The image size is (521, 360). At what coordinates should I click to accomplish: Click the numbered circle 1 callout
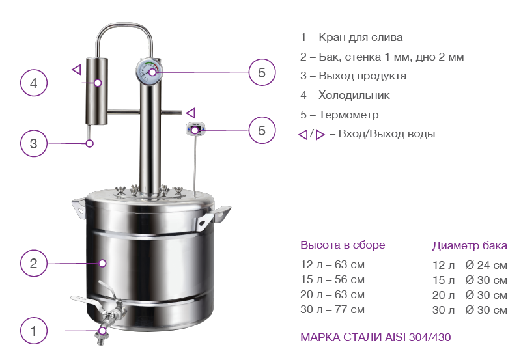(x=34, y=331)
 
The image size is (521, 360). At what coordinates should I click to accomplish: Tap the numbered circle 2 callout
(x=34, y=264)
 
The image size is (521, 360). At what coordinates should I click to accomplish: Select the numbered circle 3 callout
(x=34, y=143)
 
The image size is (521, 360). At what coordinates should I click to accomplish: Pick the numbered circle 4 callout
(x=34, y=83)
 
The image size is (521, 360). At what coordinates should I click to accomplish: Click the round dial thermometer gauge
(x=150, y=71)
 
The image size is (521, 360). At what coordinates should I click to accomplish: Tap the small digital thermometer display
(x=195, y=129)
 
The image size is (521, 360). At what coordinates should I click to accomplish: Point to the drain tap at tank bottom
(x=100, y=312)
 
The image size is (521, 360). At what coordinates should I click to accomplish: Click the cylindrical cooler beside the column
(x=96, y=91)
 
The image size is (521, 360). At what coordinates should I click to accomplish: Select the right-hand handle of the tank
(x=213, y=217)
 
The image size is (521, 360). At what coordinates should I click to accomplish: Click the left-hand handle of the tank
(x=79, y=208)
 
